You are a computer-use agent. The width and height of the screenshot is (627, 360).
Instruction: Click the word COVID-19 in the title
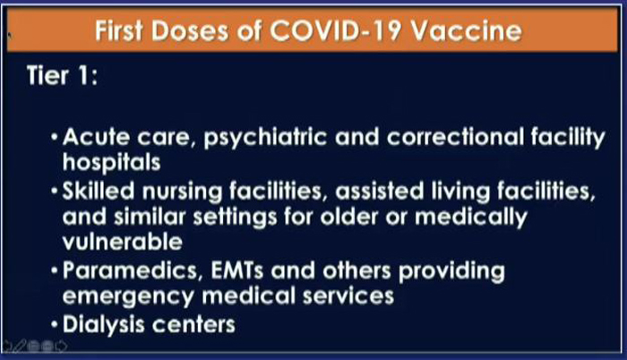335,30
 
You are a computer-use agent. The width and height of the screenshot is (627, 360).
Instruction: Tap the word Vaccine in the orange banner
467,30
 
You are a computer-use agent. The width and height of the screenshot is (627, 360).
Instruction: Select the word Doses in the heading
190,30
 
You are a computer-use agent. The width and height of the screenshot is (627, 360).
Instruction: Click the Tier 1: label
62,75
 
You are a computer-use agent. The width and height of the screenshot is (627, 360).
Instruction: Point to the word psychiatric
265,138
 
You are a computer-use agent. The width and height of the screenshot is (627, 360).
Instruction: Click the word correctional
455,137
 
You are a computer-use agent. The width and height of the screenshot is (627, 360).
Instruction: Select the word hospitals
112,163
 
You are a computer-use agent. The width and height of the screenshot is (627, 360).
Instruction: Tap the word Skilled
99,191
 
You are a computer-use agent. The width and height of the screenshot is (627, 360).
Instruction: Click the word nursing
183,192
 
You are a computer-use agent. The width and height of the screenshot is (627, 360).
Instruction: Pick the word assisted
380,192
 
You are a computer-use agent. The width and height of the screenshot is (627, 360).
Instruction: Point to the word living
460,192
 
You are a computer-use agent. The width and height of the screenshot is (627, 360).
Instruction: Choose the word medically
471,218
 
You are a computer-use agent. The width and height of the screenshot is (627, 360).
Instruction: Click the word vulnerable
123,242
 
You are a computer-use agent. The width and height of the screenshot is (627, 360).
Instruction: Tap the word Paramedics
131,270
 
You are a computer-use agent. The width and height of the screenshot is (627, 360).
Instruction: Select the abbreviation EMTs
237,270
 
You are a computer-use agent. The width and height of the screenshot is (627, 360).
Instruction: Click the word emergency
128,297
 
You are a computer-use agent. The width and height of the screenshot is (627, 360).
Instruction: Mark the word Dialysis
104,325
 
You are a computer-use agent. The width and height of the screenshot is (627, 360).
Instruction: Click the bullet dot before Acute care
55,138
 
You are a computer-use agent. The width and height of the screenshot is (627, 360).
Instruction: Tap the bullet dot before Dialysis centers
55,325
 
